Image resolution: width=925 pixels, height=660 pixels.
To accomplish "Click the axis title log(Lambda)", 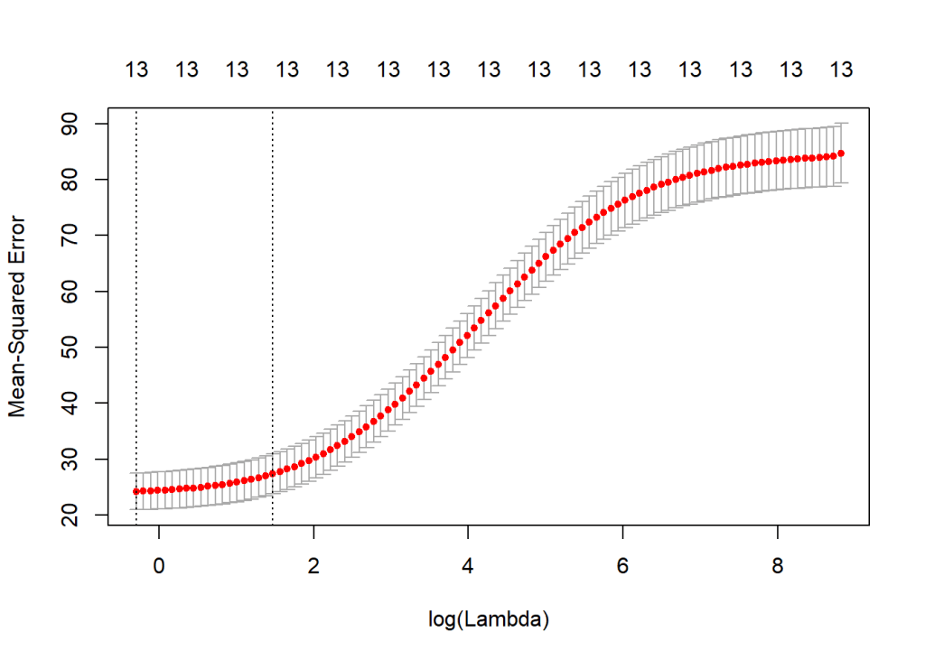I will (489, 619).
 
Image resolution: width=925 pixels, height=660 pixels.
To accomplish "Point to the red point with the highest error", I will (841, 153).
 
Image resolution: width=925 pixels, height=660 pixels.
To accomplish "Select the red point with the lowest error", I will (135, 491).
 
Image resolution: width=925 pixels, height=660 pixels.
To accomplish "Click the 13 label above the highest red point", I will (841, 70).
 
